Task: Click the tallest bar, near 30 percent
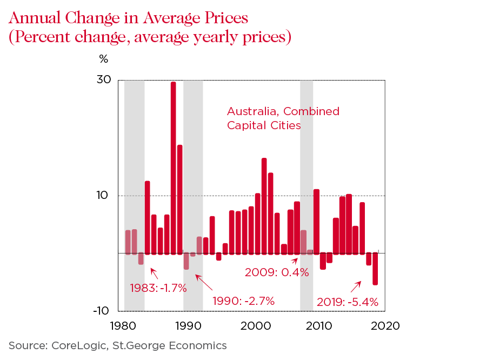click(x=174, y=168)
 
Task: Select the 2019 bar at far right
click(x=375, y=268)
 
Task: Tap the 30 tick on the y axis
click(x=104, y=80)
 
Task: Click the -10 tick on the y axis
click(x=102, y=311)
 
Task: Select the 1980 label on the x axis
click(x=124, y=326)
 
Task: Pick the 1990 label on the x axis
click(x=189, y=326)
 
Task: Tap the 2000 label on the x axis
click(x=255, y=326)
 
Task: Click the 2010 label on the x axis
click(x=319, y=326)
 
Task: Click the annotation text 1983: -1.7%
click(x=158, y=288)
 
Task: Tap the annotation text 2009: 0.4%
click(x=277, y=272)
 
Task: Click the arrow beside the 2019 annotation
click(x=356, y=286)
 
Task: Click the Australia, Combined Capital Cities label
click(x=283, y=118)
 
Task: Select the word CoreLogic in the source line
click(x=75, y=345)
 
